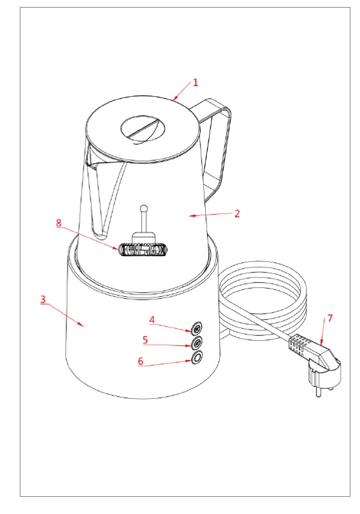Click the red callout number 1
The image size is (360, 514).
[x=196, y=82]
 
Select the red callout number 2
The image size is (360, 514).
[x=237, y=214]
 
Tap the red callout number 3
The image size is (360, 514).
[x=43, y=299]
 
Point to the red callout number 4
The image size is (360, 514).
[x=152, y=320]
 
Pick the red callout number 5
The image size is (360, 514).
[x=145, y=340]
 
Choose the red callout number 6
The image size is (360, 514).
[x=141, y=361]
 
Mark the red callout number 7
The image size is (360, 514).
[x=330, y=318]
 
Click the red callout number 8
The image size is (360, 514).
[x=59, y=223]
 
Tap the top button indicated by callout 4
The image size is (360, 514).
[x=197, y=327]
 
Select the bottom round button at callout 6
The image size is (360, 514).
[x=197, y=358]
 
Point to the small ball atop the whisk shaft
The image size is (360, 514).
[x=143, y=208]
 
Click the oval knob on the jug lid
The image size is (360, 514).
[x=143, y=128]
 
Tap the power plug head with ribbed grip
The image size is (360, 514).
[x=314, y=353]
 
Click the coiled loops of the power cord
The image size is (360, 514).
[x=263, y=295]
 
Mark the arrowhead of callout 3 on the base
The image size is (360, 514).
[x=81, y=324]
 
